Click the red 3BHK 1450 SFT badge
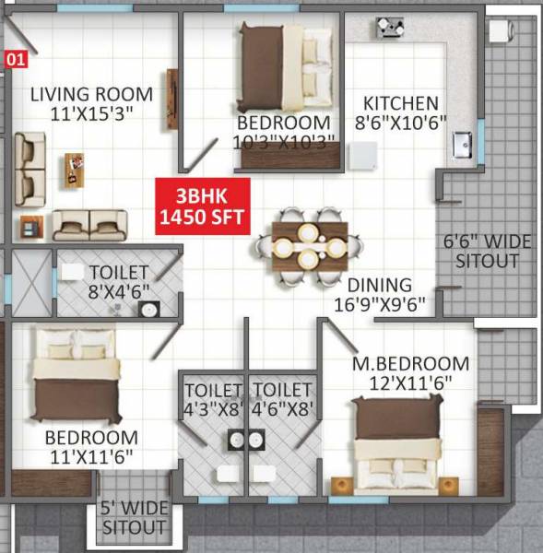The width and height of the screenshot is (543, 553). [x=202, y=207]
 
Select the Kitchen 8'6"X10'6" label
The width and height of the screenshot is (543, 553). [x=400, y=112]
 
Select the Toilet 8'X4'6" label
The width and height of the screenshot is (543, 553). [x=119, y=281]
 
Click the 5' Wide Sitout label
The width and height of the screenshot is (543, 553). [x=134, y=519]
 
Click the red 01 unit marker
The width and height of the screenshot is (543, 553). [x=15, y=61]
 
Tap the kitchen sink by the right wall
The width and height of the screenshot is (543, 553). [x=463, y=144]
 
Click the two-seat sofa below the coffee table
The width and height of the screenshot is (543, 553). [x=89, y=223]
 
